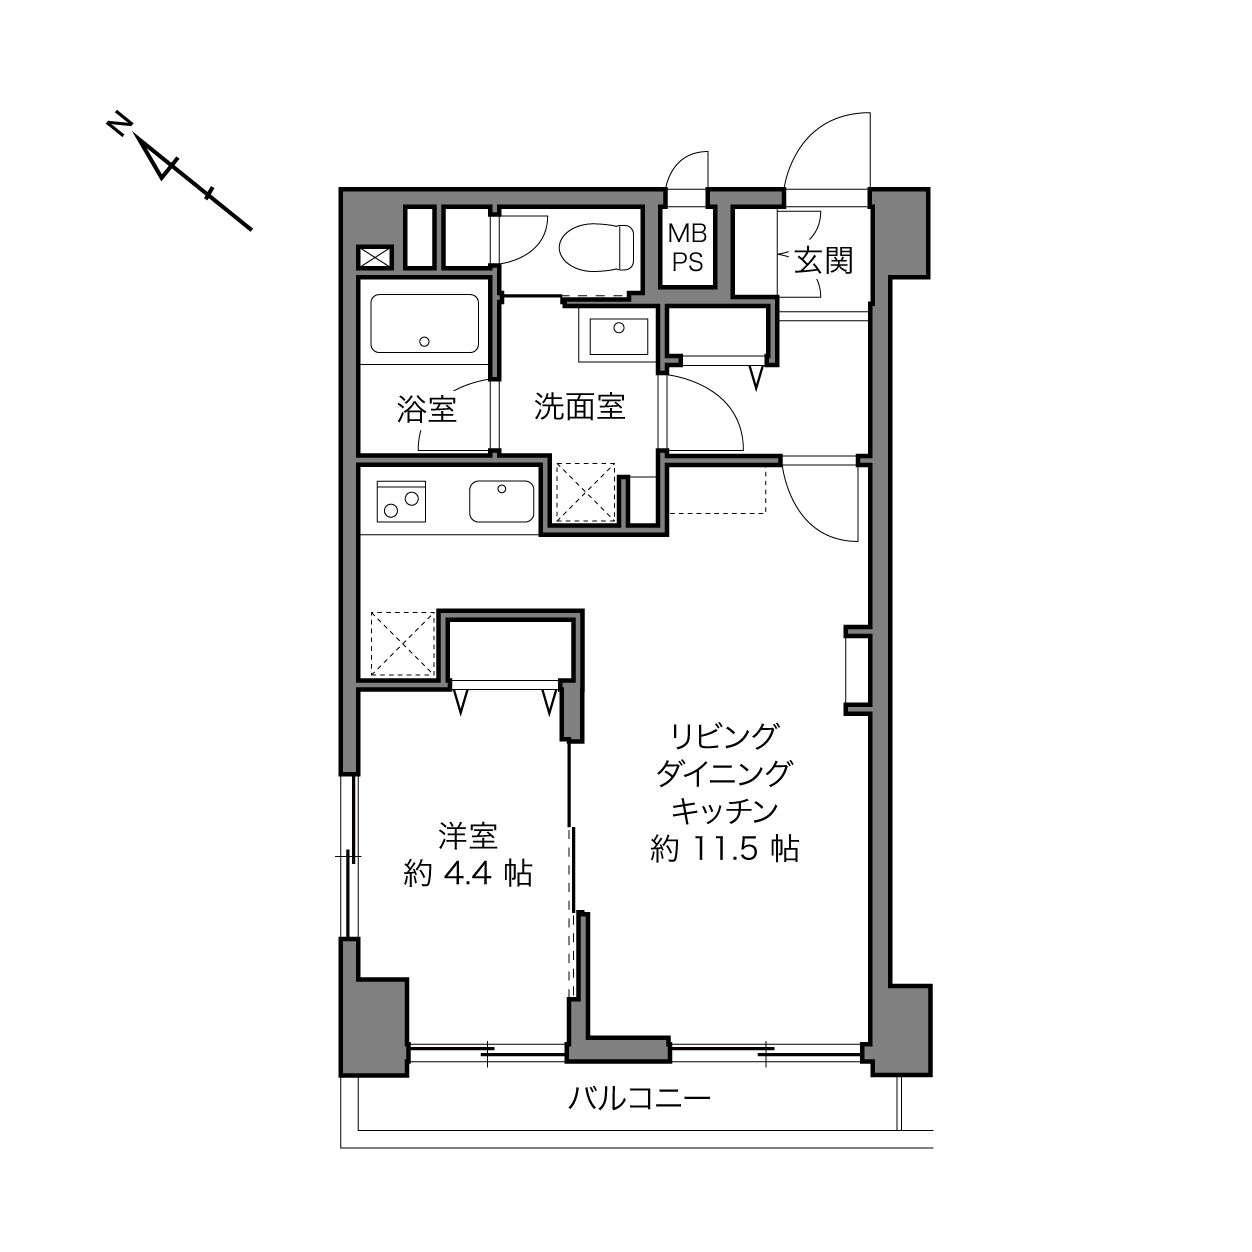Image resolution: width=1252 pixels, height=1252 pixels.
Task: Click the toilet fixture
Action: click(x=596, y=248)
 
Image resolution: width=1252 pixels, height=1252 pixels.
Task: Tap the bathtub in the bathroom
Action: click(x=425, y=324)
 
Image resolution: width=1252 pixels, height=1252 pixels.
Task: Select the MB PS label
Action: click(x=687, y=247)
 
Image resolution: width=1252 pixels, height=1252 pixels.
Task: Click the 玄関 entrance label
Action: click(x=823, y=261)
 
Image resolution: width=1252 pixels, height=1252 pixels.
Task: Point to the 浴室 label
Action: click(x=427, y=409)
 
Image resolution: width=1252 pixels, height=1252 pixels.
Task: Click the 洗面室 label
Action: click(x=580, y=407)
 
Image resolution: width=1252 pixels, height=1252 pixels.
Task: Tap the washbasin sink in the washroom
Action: click(x=619, y=335)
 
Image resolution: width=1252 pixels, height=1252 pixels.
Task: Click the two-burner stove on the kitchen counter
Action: click(x=401, y=502)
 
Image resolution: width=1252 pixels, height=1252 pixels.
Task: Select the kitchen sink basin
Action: click(x=502, y=501)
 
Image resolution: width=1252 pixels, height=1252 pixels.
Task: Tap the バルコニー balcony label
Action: click(x=640, y=1099)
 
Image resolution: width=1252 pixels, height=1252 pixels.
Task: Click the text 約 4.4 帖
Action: click(x=468, y=874)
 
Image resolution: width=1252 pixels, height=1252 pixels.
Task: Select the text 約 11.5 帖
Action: click(x=724, y=849)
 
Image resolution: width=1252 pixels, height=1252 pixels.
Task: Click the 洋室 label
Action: click(x=468, y=836)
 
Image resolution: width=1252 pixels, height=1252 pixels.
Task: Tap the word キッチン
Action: click(x=724, y=811)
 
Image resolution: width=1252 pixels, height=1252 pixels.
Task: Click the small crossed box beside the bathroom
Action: click(x=376, y=257)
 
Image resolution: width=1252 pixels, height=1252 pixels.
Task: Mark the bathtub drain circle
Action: click(x=424, y=342)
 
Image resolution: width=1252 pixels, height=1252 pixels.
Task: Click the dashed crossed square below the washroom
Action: click(x=585, y=492)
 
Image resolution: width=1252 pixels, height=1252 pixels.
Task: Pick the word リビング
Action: click(x=724, y=736)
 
